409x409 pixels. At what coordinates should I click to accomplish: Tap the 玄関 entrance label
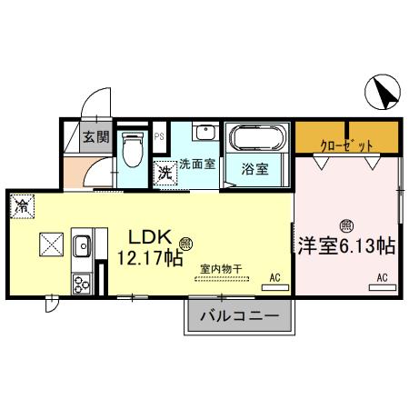[95, 138]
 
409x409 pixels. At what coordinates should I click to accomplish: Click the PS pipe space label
[159, 137]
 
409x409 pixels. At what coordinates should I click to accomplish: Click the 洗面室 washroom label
[197, 165]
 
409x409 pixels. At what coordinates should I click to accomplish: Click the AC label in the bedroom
[382, 276]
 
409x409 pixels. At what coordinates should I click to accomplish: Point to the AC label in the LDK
[274, 276]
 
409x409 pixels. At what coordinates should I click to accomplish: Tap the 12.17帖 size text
[149, 258]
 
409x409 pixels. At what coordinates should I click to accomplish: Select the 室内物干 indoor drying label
[221, 268]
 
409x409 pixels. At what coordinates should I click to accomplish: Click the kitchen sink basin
[81, 244]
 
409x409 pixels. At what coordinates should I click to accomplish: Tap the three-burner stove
[81, 281]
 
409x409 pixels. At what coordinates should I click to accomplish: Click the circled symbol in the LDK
[185, 243]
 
